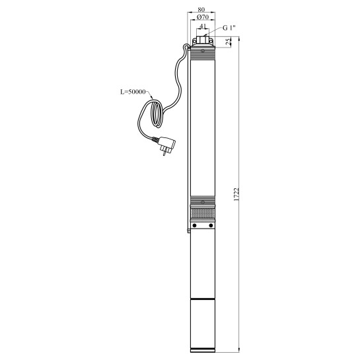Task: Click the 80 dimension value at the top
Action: pos(201,9)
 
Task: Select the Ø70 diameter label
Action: pos(203,17)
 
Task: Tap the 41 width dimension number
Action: pos(203,26)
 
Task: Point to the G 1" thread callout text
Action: pos(229,28)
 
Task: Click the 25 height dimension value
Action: pos(228,42)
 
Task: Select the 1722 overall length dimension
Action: pos(236,194)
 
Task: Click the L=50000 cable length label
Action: pos(133,92)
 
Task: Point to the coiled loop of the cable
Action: pos(157,114)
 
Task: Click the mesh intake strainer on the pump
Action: pos(203,213)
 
